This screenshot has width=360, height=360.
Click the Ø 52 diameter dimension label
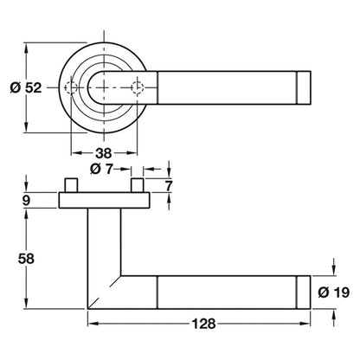pyautogui.click(x=26, y=87)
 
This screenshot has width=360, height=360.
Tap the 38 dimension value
pyautogui.click(x=104, y=153)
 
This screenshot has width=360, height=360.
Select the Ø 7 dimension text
pyautogui.click(x=101, y=169)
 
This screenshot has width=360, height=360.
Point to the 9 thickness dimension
pyautogui.click(x=26, y=200)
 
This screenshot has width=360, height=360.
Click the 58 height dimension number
pyautogui.click(x=26, y=259)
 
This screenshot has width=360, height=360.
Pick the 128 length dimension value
pyautogui.click(x=203, y=324)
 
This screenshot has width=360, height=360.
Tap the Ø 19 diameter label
pyautogui.click(x=334, y=292)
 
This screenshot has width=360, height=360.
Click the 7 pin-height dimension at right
pyautogui.click(x=168, y=186)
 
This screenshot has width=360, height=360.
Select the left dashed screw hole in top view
pyautogui.click(x=71, y=87)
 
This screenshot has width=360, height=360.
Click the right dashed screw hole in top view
pyautogui.click(x=137, y=87)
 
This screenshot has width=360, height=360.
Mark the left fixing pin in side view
pyautogui.click(x=71, y=185)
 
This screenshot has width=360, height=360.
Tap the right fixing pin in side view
pyautogui.click(x=138, y=185)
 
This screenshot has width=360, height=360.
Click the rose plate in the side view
pyautogui.click(x=104, y=200)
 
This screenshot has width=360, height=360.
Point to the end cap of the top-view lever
pyautogui.click(x=304, y=87)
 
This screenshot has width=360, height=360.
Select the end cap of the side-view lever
pyautogui.click(x=304, y=292)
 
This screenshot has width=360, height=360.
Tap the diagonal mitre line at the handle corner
pyautogui.click(x=104, y=292)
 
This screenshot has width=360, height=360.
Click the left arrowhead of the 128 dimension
pyautogui.click(x=93, y=324)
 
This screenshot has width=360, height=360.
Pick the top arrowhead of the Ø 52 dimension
pyautogui.click(x=26, y=48)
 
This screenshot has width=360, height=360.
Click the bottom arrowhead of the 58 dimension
pyautogui.click(x=26, y=304)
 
